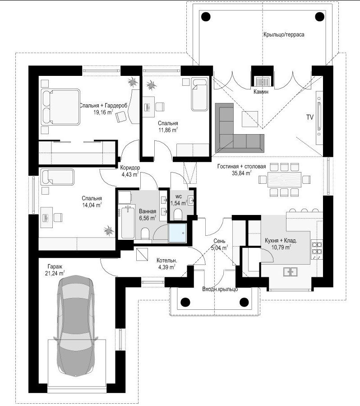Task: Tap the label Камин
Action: pyautogui.click(x=261, y=92)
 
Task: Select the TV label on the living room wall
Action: pyautogui.click(x=310, y=117)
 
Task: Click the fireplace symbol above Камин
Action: pyautogui.click(x=263, y=81)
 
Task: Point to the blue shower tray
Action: pyautogui.click(x=177, y=233)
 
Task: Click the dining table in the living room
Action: pyautogui.click(x=285, y=179)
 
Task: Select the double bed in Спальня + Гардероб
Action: pyautogui.click(x=60, y=107)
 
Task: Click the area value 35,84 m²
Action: pyautogui.click(x=241, y=173)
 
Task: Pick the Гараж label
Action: pyautogui.click(x=55, y=266)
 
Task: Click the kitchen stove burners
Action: pyautogui.click(x=317, y=247)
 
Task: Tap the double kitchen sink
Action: pyautogui.click(x=290, y=271)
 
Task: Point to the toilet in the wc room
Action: pyautogui.click(x=178, y=215)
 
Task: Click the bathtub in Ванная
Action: pyautogui.click(x=127, y=222)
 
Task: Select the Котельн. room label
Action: pyautogui.click(x=167, y=261)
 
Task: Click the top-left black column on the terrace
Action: pyautogui.click(x=206, y=17)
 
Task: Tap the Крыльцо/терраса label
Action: pyautogui.click(x=284, y=34)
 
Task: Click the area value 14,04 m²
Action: pyautogui.click(x=92, y=205)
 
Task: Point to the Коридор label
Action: pyautogui.click(x=130, y=168)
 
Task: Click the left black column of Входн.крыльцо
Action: pyautogui.click(x=185, y=302)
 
